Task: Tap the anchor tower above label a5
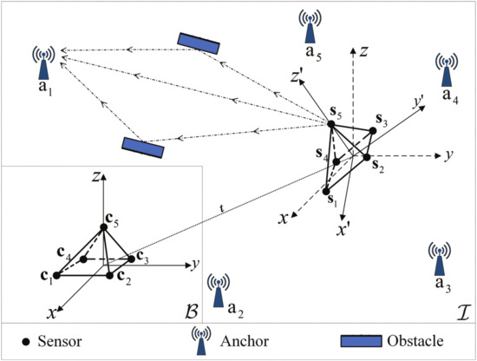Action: point(310,25)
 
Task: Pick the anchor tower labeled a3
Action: point(441,256)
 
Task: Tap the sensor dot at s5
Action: point(331,127)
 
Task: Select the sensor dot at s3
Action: point(373,131)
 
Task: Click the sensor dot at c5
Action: point(103,228)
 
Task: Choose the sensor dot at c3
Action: point(132,258)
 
